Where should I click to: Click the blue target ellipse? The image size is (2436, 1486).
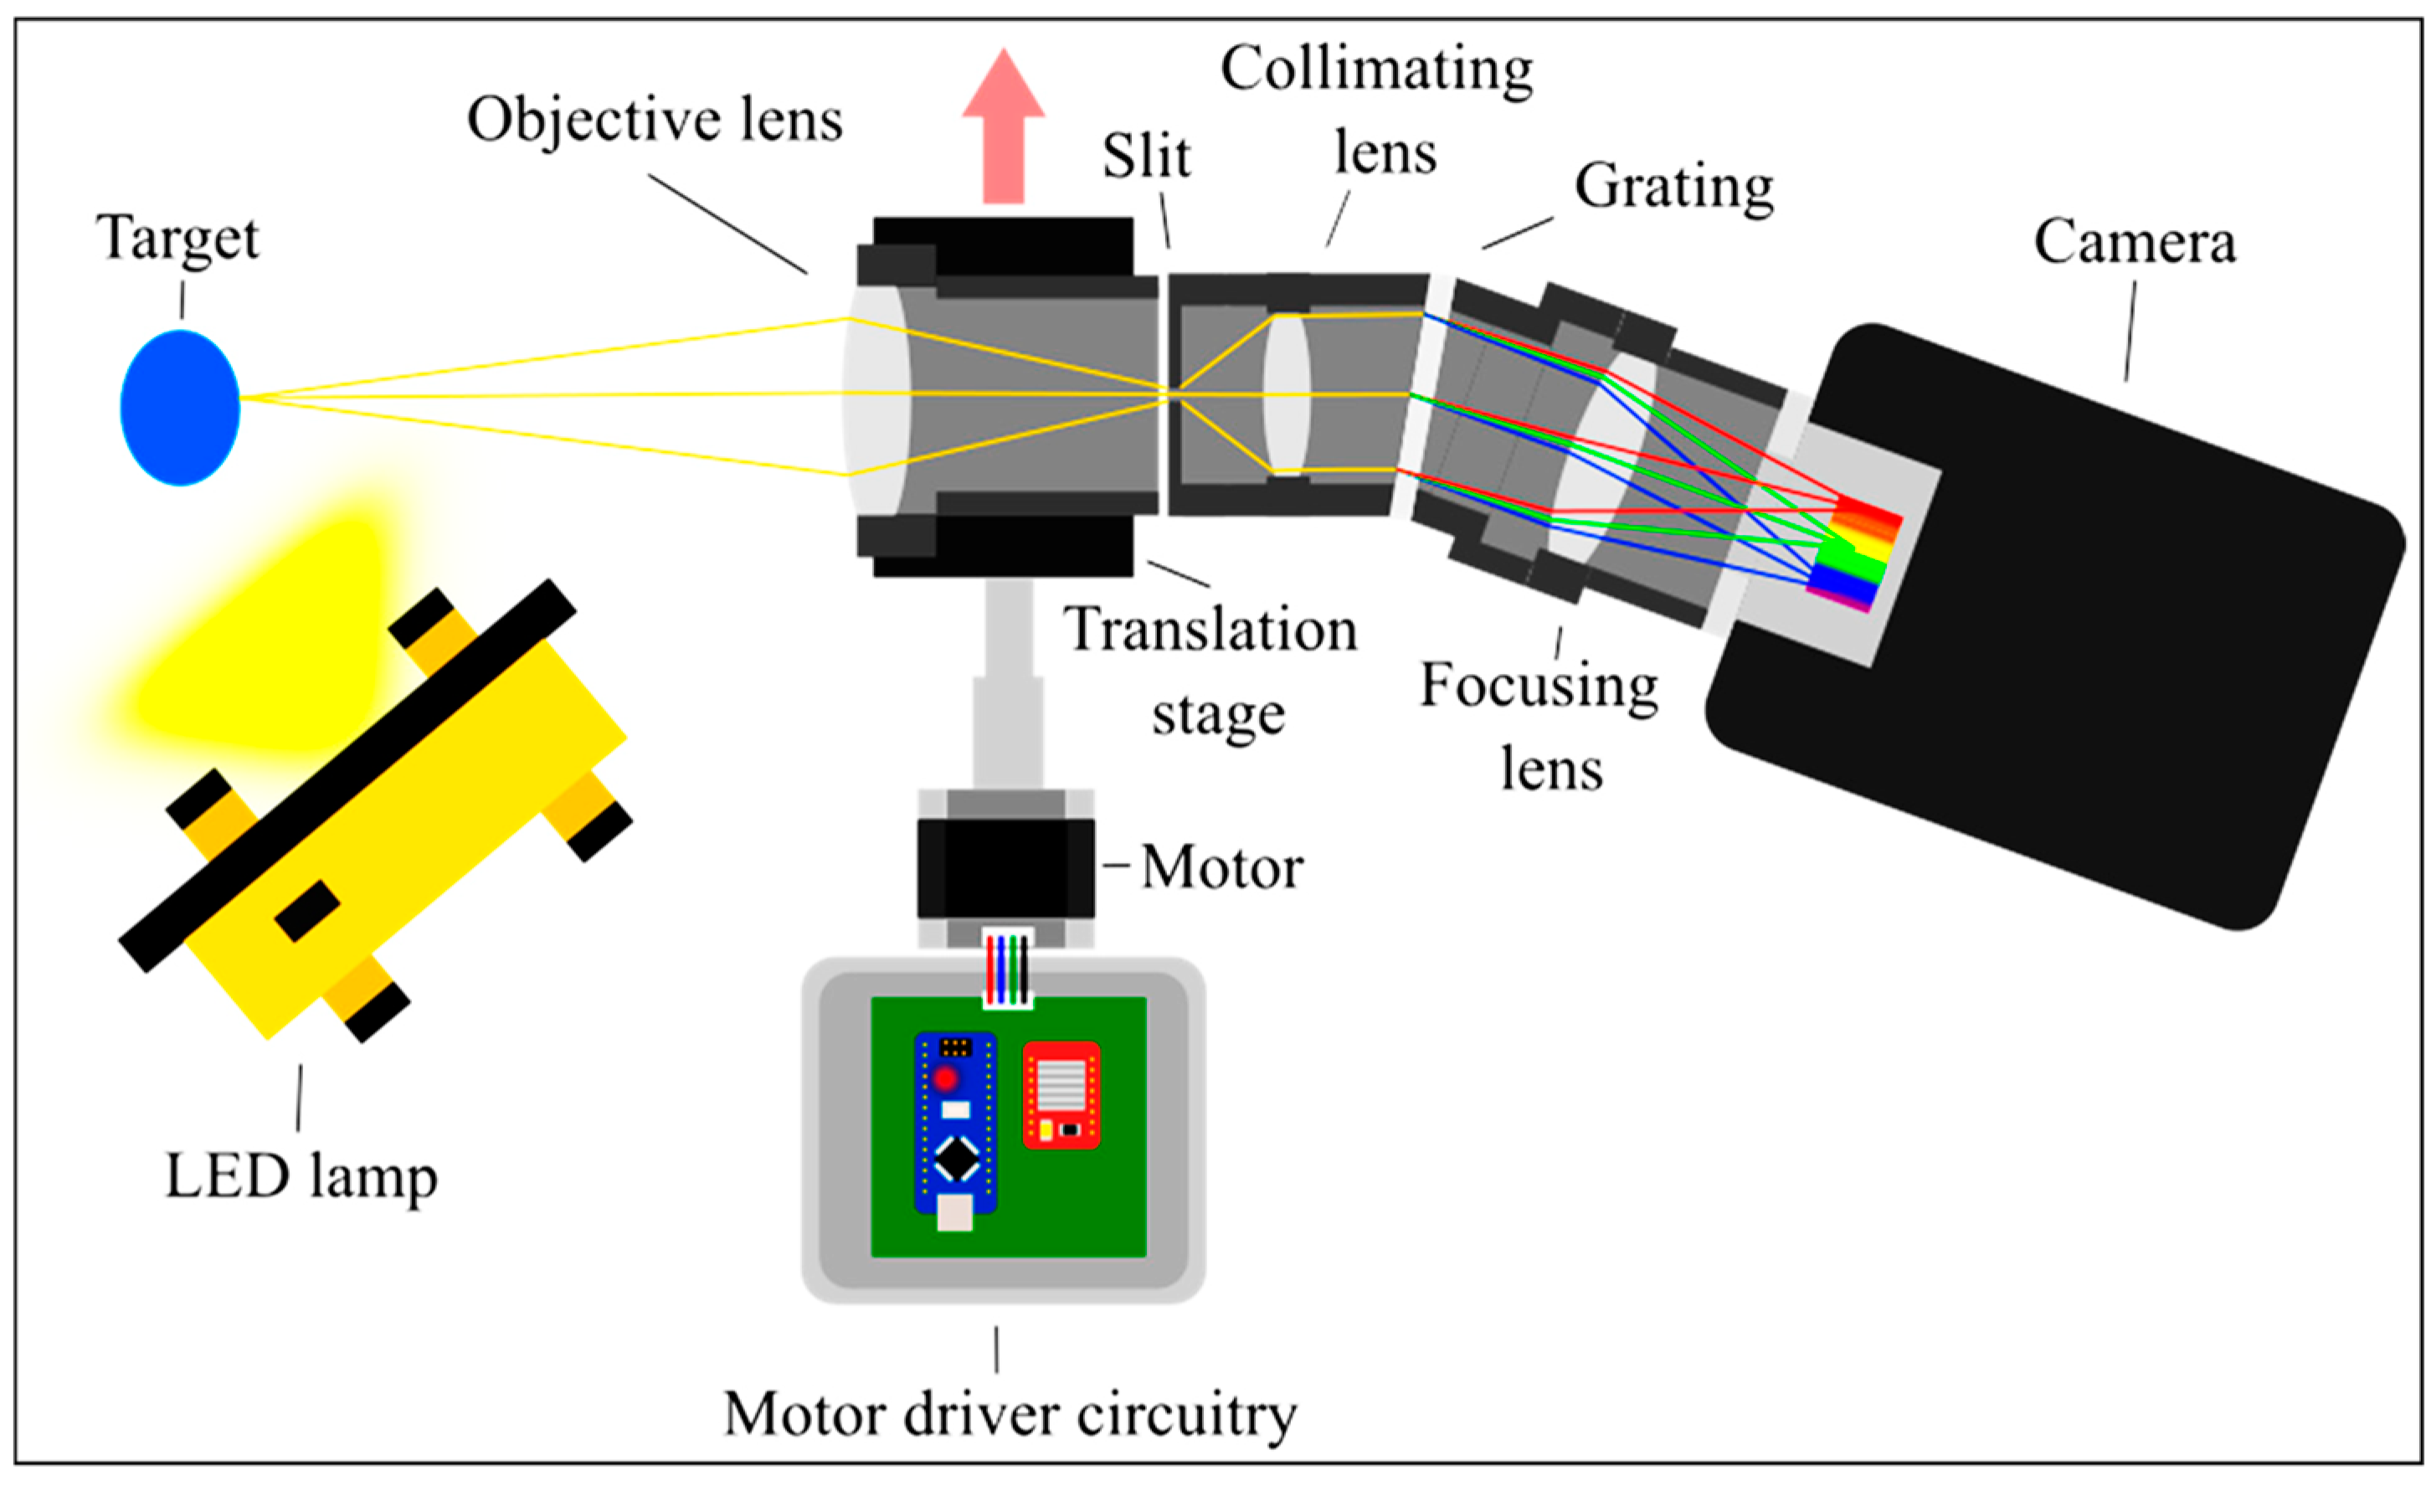(180, 408)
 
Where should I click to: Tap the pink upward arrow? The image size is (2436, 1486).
(1004, 124)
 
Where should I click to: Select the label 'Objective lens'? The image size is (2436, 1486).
(655, 121)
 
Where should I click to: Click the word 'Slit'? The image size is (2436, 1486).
(1146, 157)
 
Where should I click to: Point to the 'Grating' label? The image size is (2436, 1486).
(1673, 187)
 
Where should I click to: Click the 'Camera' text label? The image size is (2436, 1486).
(2135, 242)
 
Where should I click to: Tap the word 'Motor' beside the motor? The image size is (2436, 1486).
(1222, 868)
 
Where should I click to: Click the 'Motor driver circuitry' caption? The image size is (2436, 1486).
(1010, 1415)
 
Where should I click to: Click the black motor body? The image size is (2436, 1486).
(1005, 868)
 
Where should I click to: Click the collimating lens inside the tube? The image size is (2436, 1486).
(1286, 394)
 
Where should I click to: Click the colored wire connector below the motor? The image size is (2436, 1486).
(1007, 969)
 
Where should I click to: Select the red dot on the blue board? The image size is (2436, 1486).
(946, 1077)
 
